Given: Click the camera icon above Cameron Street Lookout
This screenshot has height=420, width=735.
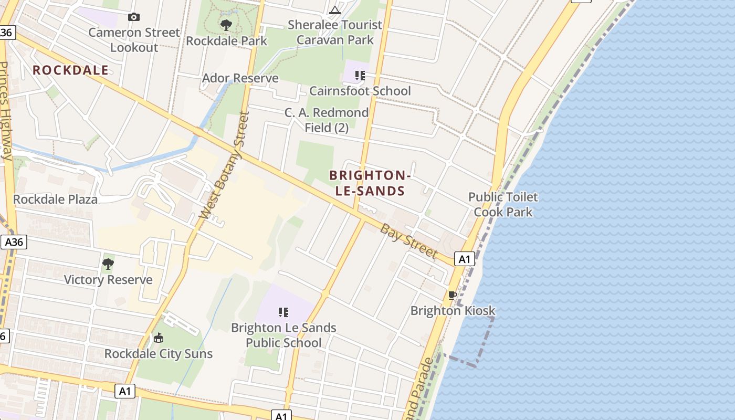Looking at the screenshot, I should coord(133,17).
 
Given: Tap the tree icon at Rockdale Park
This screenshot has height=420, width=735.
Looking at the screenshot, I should coord(226,25).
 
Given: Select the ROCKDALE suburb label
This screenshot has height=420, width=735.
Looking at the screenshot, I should coord(71,70).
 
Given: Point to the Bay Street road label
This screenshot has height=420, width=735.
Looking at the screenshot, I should coord(408,241).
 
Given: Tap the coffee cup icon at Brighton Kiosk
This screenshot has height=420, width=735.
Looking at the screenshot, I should coord(452,296).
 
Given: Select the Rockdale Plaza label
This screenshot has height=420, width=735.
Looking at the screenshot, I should coord(55,199).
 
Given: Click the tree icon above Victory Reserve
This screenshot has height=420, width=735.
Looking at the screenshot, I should coord(108,264).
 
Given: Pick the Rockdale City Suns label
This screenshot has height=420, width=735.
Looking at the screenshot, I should coord(159,354).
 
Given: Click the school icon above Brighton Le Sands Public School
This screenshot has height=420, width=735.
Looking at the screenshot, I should coord(283,313).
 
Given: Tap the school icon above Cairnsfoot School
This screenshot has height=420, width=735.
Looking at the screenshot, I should coord(360,76).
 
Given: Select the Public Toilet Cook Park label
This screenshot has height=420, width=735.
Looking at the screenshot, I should coord(503,205).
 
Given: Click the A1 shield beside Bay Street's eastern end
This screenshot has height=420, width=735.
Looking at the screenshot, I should coord(465,259).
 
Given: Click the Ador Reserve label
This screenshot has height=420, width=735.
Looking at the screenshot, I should coord(240,78).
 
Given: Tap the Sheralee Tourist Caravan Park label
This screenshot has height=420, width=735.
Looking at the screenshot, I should coord(335,33).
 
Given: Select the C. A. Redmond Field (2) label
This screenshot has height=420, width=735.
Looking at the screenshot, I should coord(327,120).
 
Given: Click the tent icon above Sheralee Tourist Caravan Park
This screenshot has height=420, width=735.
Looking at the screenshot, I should coord(335,10).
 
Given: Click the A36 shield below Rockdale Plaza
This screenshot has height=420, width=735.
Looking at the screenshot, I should coord(14,242).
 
